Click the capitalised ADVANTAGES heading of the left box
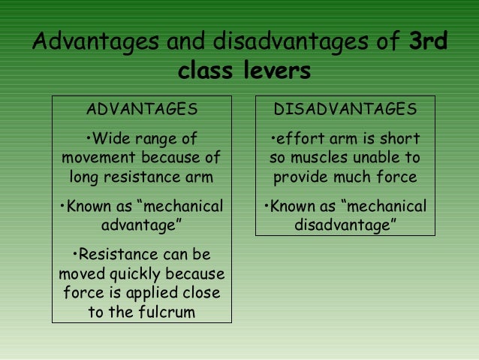coord(142,110)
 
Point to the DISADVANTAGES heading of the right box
coord(345,110)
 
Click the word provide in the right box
coord(303,178)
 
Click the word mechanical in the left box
coord(184,206)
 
